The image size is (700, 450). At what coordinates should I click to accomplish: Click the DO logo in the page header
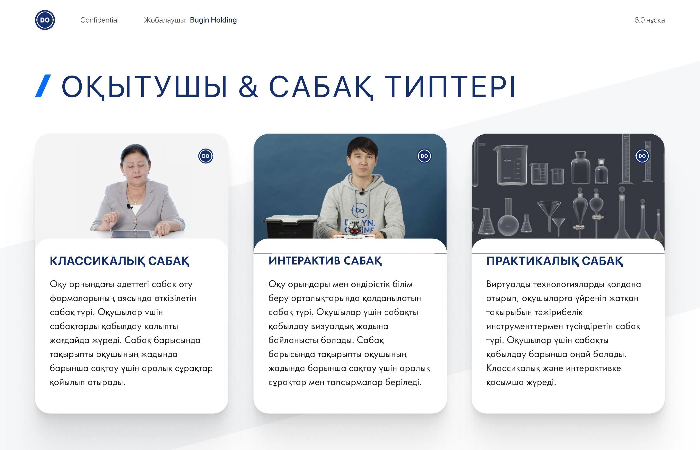(45, 20)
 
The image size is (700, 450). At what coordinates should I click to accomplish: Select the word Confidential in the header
(99, 20)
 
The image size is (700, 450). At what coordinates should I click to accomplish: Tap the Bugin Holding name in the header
(213, 20)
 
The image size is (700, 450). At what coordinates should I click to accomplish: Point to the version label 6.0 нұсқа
(649, 20)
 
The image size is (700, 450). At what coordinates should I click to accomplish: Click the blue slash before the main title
(43, 86)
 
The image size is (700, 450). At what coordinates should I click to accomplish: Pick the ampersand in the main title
(248, 86)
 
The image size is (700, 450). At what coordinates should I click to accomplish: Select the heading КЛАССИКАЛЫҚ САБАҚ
(120, 261)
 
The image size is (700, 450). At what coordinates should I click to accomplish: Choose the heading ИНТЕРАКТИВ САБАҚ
(325, 261)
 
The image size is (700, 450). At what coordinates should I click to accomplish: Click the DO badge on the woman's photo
(206, 156)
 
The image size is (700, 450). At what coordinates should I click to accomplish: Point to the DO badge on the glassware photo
(642, 156)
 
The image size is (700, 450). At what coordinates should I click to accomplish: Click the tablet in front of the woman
(131, 234)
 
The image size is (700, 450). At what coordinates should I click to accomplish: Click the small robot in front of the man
(355, 230)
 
